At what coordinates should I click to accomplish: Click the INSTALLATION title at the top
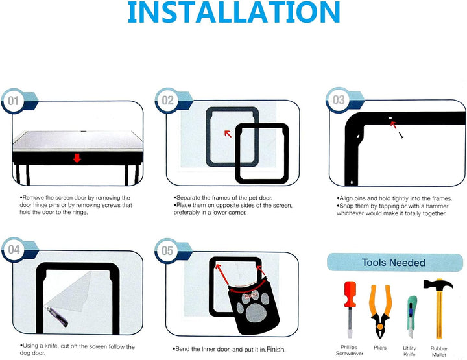(233, 12)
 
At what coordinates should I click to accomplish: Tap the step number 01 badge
(13, 101)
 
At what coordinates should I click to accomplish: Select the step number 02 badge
(167, 101)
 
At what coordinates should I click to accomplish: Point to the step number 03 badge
(339, 100)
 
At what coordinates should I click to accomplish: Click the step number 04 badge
(14, 250)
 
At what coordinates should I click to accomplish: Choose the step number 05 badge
(167, 251)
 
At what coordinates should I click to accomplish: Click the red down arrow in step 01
(77, 158)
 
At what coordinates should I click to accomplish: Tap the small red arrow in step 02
(228, 134)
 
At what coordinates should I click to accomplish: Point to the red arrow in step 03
(394, 125)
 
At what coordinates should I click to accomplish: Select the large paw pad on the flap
(256, 313)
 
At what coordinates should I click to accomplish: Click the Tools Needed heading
(394, 263)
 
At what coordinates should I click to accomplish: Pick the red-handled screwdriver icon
(350, 309)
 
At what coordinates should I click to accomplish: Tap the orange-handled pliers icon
(379, 311)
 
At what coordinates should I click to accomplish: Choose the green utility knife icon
(411, 317)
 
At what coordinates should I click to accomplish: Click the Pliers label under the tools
(380, 348)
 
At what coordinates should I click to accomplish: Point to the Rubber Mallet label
(438, 352)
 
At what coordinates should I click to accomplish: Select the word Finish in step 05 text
(276, 349)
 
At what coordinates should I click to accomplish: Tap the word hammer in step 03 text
(437, 206)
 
